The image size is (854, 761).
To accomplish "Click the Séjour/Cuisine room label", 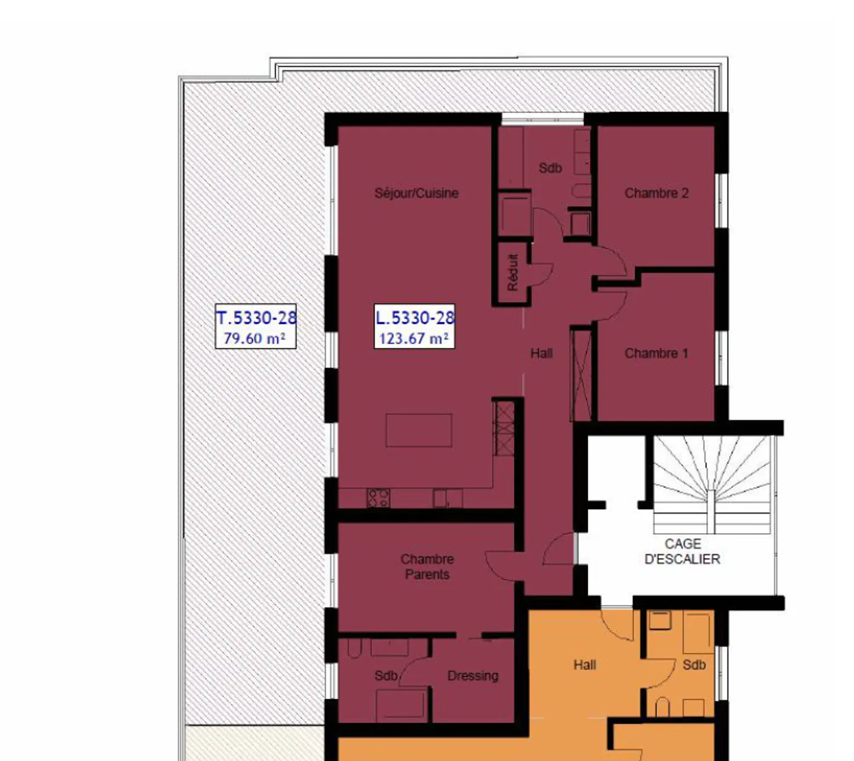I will (x=416, y=193).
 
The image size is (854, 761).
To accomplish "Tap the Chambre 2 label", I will (x=656, y=193).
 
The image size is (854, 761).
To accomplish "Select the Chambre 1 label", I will (x=656, y=353).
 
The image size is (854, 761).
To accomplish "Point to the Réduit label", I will (x=513, y=273).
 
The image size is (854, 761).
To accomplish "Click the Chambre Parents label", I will (x=427, y=566).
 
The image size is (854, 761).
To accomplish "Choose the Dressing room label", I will (x=473, y=676).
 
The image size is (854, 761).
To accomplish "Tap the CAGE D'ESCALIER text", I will (x=682, y=551).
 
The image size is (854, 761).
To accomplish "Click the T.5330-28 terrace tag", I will (x=256, y=318).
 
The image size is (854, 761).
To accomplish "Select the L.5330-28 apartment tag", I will (x=415, y=318).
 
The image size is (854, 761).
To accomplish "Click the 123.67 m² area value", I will (x=413, y=338).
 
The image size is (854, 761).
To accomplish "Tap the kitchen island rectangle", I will (x=419, y=430).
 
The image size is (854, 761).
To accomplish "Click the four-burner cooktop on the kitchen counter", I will (x=378, y=497).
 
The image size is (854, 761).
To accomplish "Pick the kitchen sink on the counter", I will (x=441, y=497).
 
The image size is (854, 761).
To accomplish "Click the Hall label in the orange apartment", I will (x=584, y=665).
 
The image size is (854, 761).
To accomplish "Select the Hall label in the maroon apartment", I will (x=541, y=353).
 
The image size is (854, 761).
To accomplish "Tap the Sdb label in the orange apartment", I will (x=694, y=665).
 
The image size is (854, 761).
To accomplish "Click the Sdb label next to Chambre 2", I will (x=550, y=168).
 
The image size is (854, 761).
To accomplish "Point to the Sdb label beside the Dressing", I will (x=385, y=676).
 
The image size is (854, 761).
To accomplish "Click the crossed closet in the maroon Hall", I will (x=581, y=374).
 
